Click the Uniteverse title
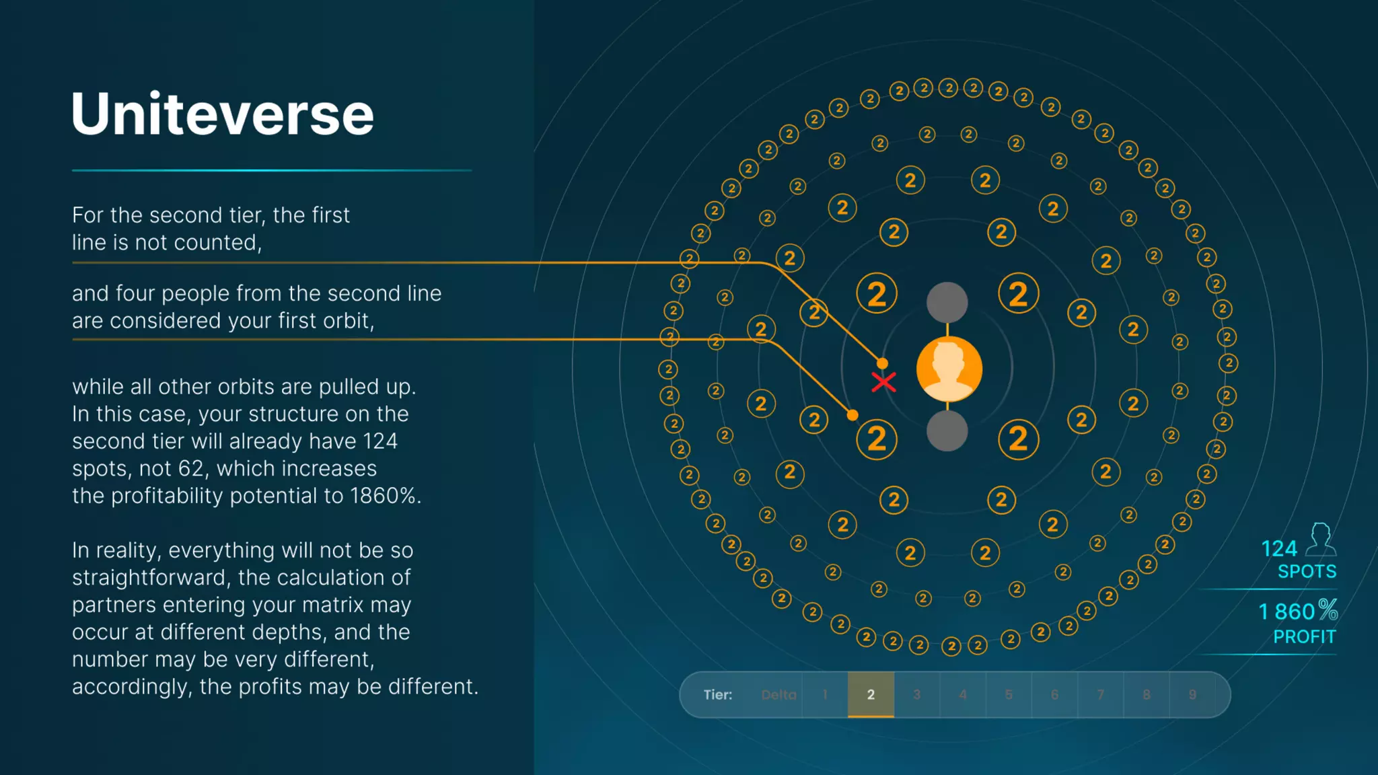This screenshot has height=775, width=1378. click(222, 114)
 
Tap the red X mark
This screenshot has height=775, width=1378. click(883, 382)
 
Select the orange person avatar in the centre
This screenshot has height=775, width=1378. click(949, 369)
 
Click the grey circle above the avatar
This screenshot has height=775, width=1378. click(947, 302)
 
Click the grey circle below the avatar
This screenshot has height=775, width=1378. click(947, 431)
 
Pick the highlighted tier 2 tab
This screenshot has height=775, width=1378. click(871, 694)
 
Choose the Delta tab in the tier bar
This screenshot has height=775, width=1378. click(778, 694)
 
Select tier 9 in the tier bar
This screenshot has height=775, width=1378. click(1192, 694)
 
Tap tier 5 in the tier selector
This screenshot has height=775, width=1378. click(1009, 694)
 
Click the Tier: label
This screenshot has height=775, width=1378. click(718, 694)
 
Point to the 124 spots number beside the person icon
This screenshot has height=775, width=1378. click(1278, 549)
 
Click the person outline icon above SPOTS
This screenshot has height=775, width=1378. click(1321, 540)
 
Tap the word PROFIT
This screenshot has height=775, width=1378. click(1304, 636)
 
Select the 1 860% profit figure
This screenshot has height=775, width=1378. click(1297, 611)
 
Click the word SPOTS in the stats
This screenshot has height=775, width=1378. click(1307, 572)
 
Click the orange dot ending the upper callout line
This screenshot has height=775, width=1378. click(882, 364)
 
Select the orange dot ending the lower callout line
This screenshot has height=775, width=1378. click(853, 415)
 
